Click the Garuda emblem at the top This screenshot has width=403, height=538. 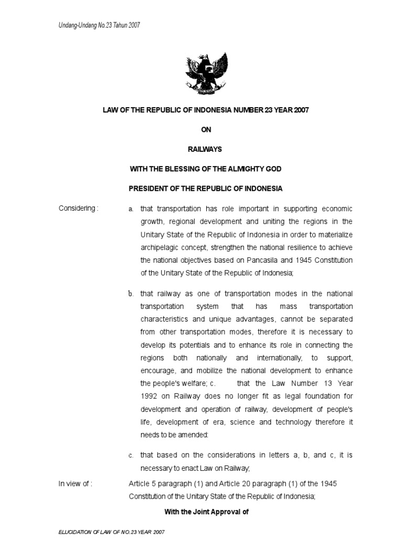(x=206, y=73)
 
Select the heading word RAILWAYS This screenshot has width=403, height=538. (x=206, y=149)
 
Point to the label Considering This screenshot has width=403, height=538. (x=78, y=208)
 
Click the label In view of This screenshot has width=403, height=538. (x=76, y=484)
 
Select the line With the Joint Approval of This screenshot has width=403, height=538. (x=206, y=510)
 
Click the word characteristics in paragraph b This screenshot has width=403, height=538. (x=165, y=319)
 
